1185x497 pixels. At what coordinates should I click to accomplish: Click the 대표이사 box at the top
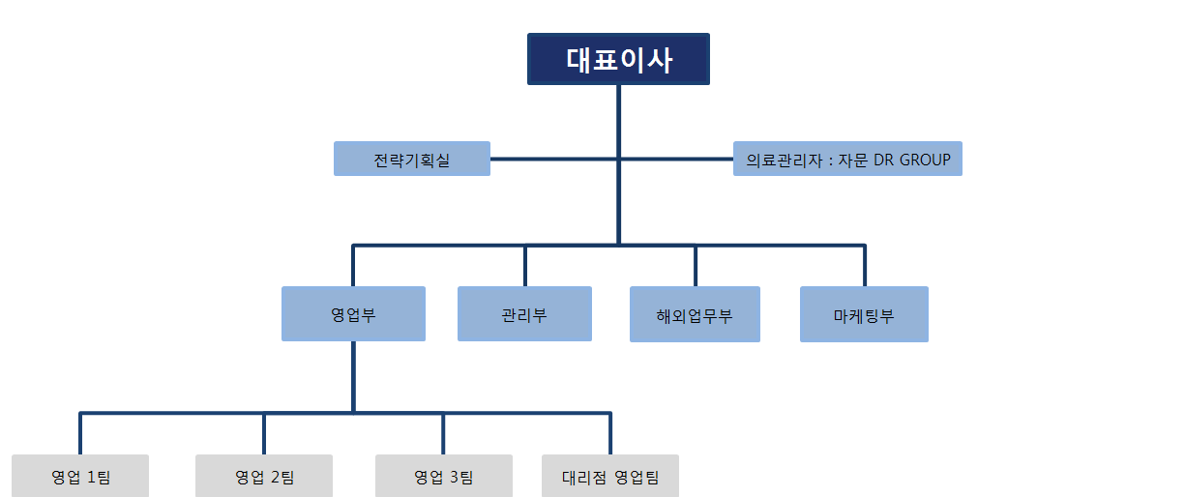tap(618, 59)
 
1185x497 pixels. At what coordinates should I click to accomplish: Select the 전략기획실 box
tap(412, 159)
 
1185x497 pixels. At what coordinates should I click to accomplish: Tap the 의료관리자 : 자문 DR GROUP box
tap(847, 159)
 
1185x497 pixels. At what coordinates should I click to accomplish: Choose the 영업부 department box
tap(353, 313)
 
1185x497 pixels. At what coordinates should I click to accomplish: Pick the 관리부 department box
tap(524, 313)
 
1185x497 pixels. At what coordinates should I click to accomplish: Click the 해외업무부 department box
tap(695, 314)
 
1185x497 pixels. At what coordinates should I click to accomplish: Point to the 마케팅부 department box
tap(864, 314)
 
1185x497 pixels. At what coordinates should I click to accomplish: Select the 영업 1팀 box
tap(80, 476)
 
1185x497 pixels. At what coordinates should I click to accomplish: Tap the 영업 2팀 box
tap(264, 476)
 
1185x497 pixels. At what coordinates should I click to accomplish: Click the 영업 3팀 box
tap(443, 476)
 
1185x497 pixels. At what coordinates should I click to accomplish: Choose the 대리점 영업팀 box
tap(610, 476)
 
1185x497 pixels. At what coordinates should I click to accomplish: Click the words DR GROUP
tap(911, 160)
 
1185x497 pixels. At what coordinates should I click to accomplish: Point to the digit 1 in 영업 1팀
tap(92, 477)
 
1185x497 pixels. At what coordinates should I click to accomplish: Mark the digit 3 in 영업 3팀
tap(454, 477)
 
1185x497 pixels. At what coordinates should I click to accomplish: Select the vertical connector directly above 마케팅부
tap(864, 266)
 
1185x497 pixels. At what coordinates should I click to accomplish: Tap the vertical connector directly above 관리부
tap(525, 266)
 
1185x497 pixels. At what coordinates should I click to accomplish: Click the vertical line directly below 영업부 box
tap(353, 377)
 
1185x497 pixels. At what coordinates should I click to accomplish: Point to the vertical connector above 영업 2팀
tap(264, 434)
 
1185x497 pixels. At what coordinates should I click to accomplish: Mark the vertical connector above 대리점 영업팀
tap(610, 434)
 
